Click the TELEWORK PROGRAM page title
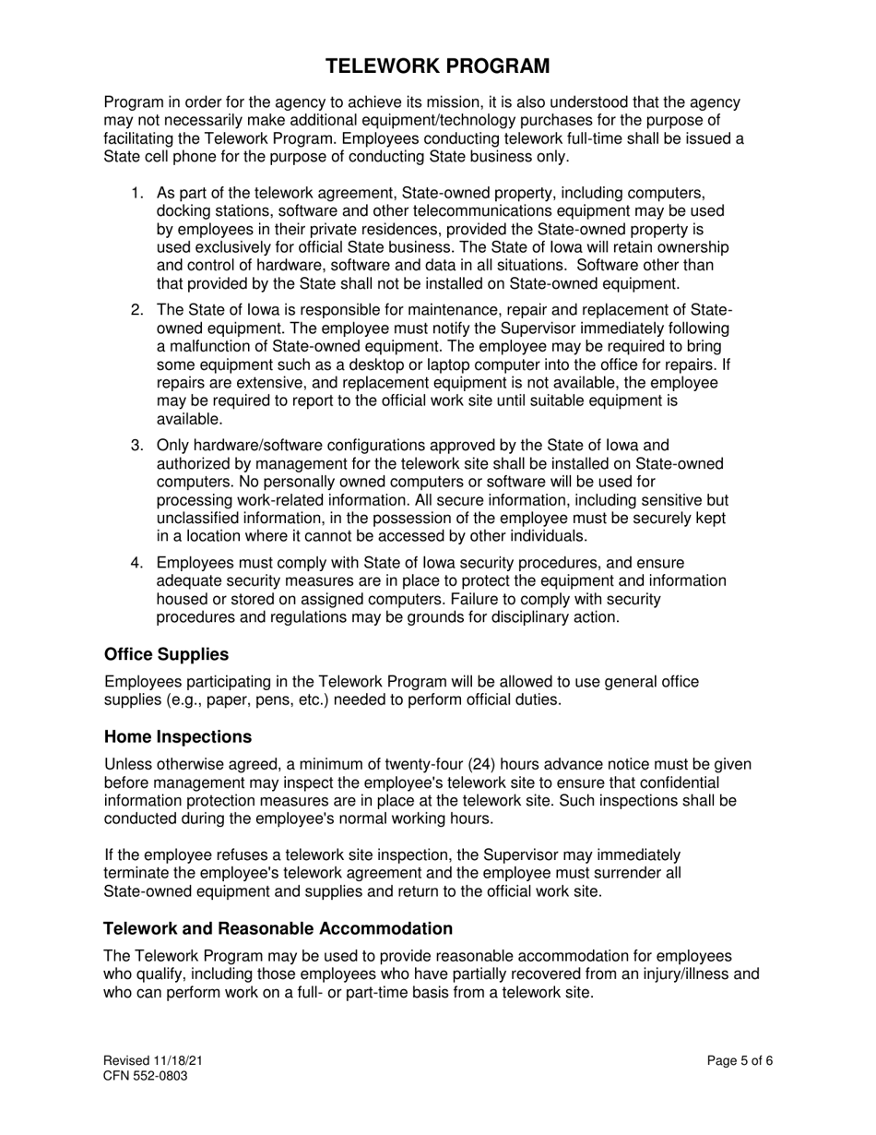click(438, 66)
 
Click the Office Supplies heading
click(166, 654)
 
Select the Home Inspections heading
click(178, 737)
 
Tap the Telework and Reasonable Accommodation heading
click(278, 928)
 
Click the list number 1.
click(136, 194)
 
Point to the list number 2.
click(136, 311)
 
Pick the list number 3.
click(136, 446)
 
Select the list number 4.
click(136, 564)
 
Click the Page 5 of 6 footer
click(740, 1061)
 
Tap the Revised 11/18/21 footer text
click(153, 1061)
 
